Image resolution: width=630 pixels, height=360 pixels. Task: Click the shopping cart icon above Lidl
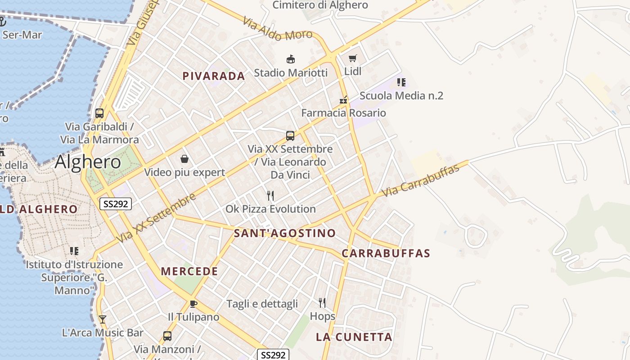click(353, 58)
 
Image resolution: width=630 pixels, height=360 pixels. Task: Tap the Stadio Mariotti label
click(291, 72)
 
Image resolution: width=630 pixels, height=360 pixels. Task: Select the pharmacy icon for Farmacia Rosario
click(343, 100)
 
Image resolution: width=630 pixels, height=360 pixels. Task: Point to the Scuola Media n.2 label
click(401, 95)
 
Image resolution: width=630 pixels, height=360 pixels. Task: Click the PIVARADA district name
click(214, 76)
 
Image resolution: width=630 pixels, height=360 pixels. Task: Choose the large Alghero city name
click(88, 162)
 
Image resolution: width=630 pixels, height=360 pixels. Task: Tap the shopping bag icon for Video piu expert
click(184, 159)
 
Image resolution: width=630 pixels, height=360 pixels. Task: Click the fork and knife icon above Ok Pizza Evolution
click(270, 195)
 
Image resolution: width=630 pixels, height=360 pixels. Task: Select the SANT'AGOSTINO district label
click(285, 233)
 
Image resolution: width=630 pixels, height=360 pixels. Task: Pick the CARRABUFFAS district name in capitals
click(386, 253)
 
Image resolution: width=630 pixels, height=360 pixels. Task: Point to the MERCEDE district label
click(189, 271)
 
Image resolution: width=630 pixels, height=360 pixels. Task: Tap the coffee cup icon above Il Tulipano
click(193, 304)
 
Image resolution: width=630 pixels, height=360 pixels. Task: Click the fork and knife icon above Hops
click(322, 302)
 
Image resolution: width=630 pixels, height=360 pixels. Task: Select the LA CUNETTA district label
click(354, 337)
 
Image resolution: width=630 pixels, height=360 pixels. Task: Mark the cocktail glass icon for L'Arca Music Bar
click(103, 319)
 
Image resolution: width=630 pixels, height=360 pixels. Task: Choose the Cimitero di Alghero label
click(320, 5)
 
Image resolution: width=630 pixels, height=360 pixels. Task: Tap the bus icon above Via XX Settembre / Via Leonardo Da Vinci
click(290, 135)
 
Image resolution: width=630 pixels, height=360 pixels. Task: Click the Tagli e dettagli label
click(262, 304)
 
